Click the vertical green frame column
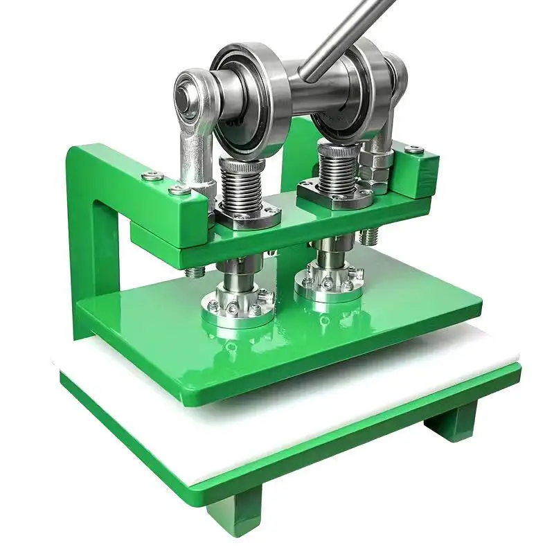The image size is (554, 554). (90, 235)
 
